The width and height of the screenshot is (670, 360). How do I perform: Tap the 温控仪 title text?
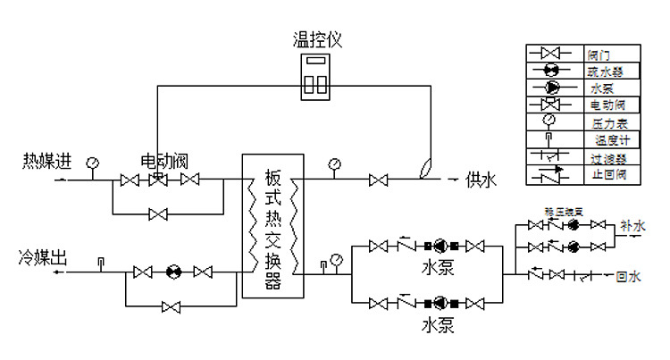[x=317, y=40]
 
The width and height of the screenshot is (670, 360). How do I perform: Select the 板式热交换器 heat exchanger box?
[x=273, y=226]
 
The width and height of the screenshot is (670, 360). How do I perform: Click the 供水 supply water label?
[x=480, y=180]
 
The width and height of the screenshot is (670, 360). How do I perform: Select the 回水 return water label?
[x=629, y=276]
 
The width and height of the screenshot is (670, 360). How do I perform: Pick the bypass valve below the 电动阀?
[x=158, y=214]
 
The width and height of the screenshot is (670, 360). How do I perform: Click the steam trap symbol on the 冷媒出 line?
[x=171, y=272]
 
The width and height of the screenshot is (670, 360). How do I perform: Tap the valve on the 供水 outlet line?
[x=378, y=180]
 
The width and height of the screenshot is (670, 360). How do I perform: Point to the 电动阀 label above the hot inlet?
[x=164, y=162]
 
